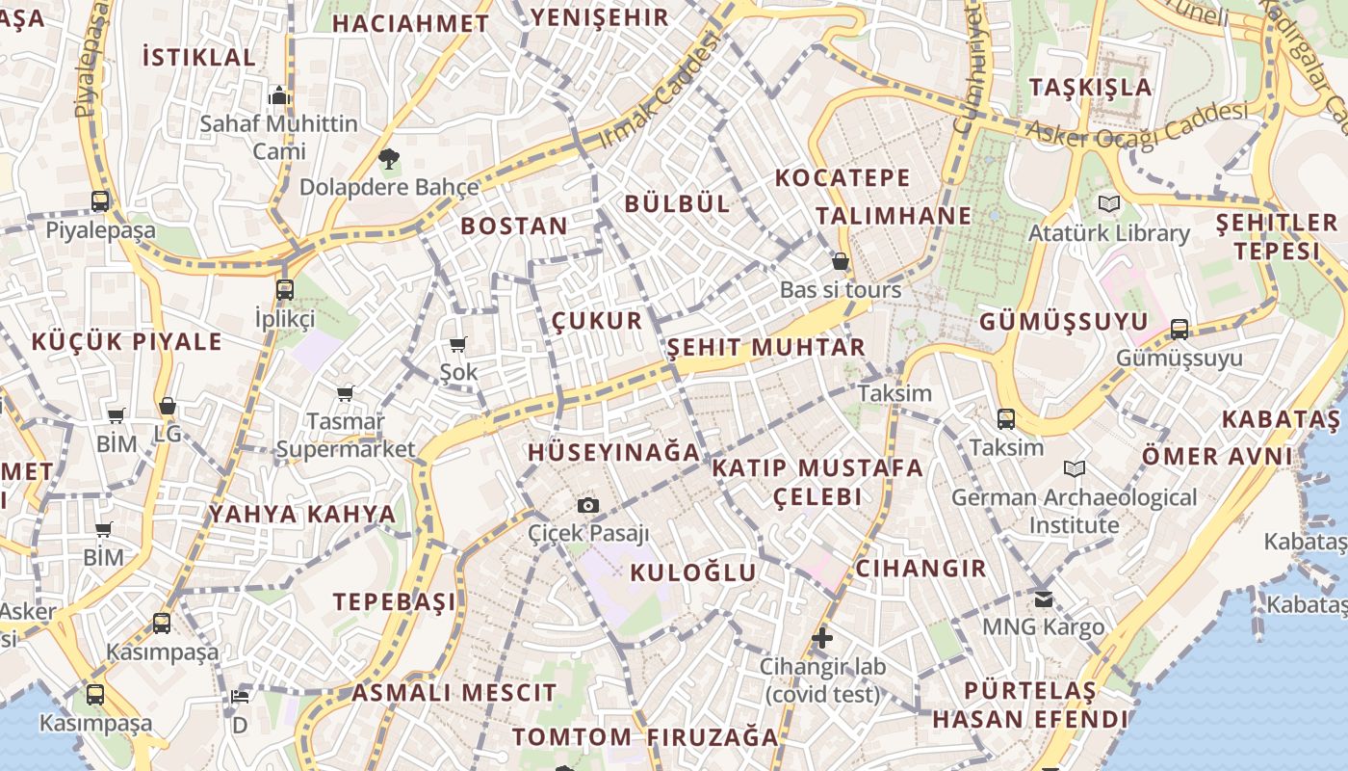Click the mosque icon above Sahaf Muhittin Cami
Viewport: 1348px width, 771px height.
279,95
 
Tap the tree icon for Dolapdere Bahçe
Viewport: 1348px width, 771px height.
389,159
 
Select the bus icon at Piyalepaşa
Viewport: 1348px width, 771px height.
100,201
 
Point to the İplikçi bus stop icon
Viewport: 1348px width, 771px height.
284,289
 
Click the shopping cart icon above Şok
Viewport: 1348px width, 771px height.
458,344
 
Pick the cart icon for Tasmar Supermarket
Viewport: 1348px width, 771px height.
345,393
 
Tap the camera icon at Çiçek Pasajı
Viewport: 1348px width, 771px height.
588,505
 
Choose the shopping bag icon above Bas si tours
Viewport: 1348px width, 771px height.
841,261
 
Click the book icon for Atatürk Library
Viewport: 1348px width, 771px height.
1109,204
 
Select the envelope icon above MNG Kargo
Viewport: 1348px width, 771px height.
1044,599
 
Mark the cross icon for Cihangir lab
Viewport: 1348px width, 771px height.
821,638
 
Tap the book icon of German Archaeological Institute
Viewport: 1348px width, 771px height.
1075,469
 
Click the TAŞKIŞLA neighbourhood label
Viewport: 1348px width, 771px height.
1090,87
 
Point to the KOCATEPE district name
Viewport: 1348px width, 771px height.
842,177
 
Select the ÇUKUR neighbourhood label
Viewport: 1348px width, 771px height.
597,320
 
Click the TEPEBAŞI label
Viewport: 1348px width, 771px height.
395,602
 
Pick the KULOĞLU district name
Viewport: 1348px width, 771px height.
693,572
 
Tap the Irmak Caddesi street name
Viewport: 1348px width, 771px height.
660,90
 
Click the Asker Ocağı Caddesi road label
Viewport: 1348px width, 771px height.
1136,122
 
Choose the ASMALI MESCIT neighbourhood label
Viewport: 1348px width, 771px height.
454,693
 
